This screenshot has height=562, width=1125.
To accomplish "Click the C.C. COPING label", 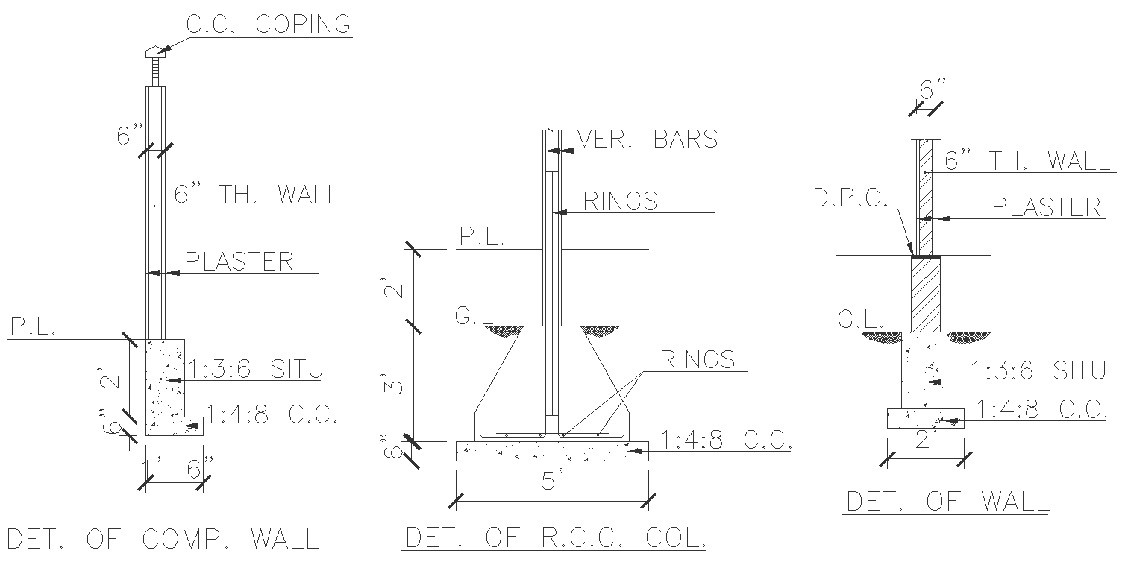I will (x=268, y=24).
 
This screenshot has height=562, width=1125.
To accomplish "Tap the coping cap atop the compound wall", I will (x=154, y=51).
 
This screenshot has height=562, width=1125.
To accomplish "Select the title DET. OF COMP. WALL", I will (x=163, y=538).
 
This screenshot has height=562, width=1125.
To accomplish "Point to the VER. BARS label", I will (x=648, y=139).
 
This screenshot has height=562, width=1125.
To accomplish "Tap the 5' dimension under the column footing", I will (x=550, y=482).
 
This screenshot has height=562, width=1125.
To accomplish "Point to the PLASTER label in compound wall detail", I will (x=239, y=262).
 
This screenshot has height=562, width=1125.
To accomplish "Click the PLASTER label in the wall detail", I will (x=1046, y=207).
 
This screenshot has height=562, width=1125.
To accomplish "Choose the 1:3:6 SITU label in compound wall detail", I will (x=255, y=370).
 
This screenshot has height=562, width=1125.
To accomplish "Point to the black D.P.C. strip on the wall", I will (x=926, y=256).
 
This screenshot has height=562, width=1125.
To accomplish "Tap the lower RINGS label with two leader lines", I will (x=697, y=359).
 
